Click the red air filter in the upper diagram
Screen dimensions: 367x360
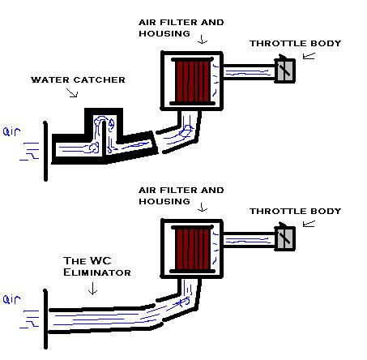coord(192,81)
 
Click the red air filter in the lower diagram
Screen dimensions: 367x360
coord(192,249)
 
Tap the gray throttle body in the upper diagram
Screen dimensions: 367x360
coord(285,71)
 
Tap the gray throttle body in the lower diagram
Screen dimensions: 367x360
coord(285,238)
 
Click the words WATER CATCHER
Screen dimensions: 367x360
coord(78,80)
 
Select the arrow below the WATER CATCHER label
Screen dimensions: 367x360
coord(72,92)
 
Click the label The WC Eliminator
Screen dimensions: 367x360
coord(97,267)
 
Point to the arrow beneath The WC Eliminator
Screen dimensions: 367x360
coord(92,289)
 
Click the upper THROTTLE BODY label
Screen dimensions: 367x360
coord(296,43)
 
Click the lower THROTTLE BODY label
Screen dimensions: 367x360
coord(296,211)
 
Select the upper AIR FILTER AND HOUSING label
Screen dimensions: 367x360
coord(181,28)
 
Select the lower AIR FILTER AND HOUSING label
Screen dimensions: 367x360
coord(181,195)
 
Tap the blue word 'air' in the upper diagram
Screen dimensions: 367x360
coord(11,131)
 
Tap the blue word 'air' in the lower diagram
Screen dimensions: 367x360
coord(11,299)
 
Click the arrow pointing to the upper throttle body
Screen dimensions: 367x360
coord(309,56)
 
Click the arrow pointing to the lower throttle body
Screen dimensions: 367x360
coord(309,224)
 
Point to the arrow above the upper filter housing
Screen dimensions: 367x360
coord(203,39)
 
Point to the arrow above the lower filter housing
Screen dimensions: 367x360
coord(203,207)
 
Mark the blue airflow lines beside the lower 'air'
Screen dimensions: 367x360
coord(30,319)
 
